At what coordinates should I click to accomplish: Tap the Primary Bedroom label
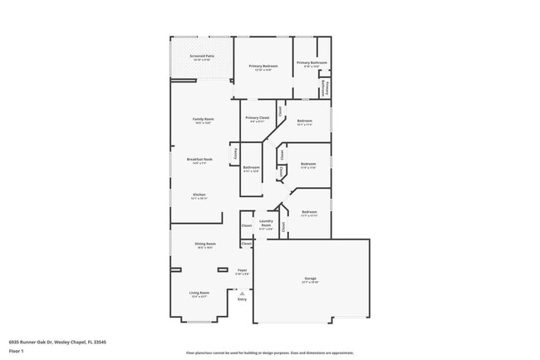pos(263,66)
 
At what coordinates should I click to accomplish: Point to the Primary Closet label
pos(258,118)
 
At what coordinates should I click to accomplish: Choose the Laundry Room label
pos(266,223)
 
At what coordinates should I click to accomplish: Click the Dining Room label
pos(205,244)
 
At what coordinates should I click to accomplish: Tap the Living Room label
pos(199,293)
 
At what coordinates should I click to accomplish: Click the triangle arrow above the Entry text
pos(242,293)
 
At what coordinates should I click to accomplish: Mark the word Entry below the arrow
pos(243,299)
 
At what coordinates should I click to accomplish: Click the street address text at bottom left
pos(57,341)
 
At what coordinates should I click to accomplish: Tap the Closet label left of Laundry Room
pos(247,225)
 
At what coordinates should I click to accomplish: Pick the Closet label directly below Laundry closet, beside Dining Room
pos(247,244)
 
